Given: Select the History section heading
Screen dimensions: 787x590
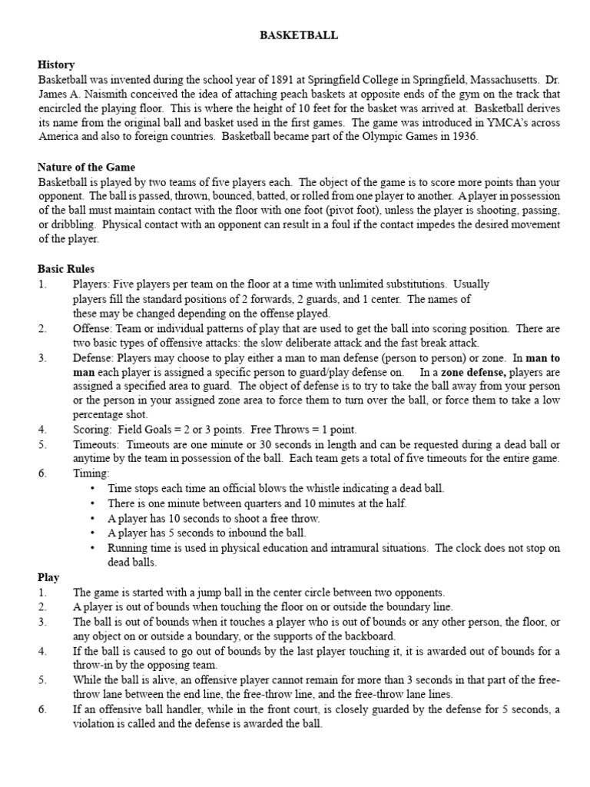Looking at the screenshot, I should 56,65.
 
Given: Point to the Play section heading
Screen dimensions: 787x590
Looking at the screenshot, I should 48,576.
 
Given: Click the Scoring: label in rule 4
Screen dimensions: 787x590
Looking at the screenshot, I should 94,430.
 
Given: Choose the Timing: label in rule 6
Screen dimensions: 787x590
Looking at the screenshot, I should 91,474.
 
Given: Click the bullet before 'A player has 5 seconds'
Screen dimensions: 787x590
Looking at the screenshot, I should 93,533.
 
